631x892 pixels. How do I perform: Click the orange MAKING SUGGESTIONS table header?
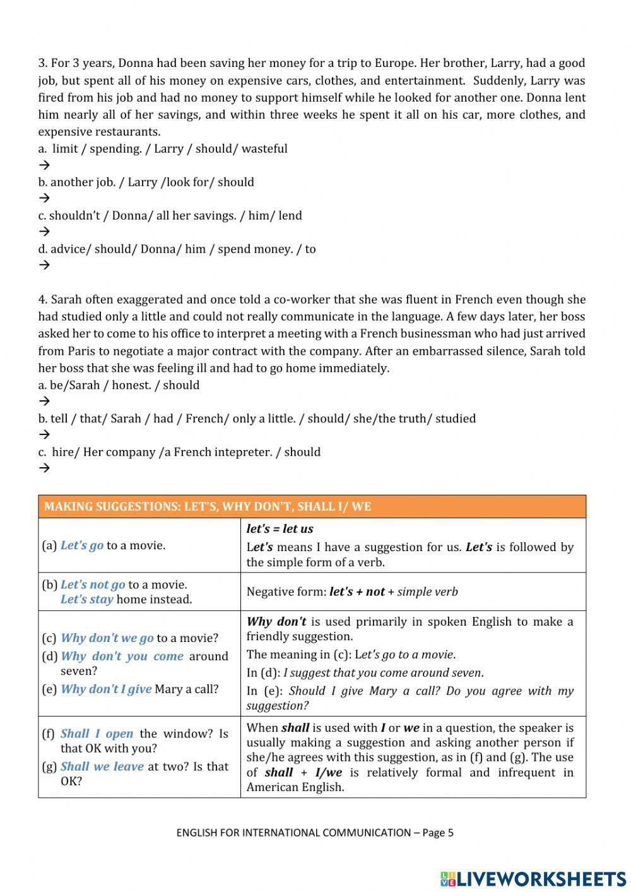point(312,506)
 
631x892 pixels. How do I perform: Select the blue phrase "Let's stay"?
point(86,599)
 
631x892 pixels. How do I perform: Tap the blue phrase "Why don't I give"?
point(105,689)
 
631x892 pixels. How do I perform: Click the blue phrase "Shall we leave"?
point(102,766)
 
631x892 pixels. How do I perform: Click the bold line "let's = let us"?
point(280,529)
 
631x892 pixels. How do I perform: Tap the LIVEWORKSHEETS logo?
point(533,878)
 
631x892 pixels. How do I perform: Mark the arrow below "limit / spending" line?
point(44,165)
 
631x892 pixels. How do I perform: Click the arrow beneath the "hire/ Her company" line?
point(44,468)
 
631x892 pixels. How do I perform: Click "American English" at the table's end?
point(295,787)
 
